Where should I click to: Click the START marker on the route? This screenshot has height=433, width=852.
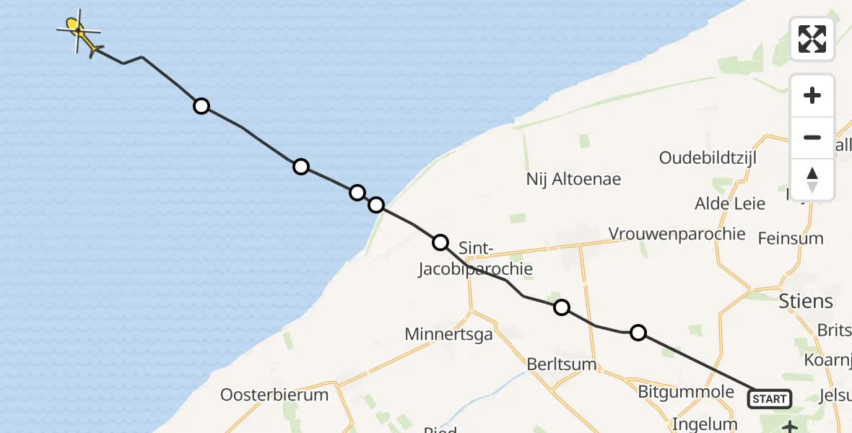click(769, 398)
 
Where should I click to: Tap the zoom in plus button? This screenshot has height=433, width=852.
click(812, 95)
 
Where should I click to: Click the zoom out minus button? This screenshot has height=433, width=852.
click(812, 137)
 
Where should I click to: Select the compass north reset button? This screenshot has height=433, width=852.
click(812, 180)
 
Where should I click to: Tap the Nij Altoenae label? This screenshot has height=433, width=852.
click(573, 179)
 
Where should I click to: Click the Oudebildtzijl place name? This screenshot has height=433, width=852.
click(707, 158)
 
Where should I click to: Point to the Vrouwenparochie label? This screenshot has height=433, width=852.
click(677, 234)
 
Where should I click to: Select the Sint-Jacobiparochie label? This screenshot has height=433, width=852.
click(476, 259)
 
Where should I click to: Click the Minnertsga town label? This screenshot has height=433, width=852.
click(448, 334)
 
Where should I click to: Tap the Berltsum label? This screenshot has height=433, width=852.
click(562, 364)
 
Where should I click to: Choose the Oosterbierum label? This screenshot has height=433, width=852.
click(274, 395)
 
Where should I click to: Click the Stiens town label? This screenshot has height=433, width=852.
click(806, 301)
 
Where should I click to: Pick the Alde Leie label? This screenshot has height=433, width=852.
click(729, 204)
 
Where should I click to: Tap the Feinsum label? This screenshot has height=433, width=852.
click(790, 237)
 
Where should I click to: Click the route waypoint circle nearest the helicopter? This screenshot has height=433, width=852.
click(201, 106)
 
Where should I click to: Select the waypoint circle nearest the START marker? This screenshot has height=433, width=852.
click(638, 333)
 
